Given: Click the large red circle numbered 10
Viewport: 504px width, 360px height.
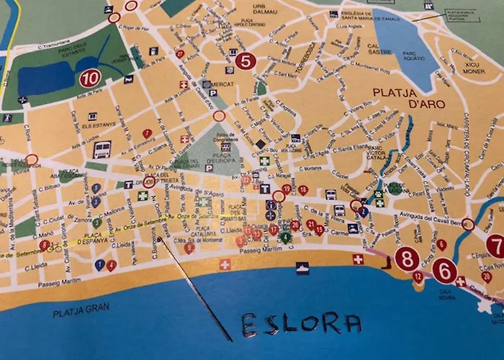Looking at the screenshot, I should (90, 78).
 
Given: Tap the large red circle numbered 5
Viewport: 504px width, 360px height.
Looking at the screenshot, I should (246, 60).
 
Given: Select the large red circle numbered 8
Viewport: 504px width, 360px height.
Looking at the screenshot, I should (407, 259).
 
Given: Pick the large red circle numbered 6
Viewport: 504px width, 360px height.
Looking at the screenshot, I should (444, 270).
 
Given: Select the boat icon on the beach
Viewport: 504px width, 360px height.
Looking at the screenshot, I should (302, 268).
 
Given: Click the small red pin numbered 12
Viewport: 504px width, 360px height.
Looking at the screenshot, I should (418, 276).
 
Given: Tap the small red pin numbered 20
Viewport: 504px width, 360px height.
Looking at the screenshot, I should (487, 276).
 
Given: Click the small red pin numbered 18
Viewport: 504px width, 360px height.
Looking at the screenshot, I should (302, 190).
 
